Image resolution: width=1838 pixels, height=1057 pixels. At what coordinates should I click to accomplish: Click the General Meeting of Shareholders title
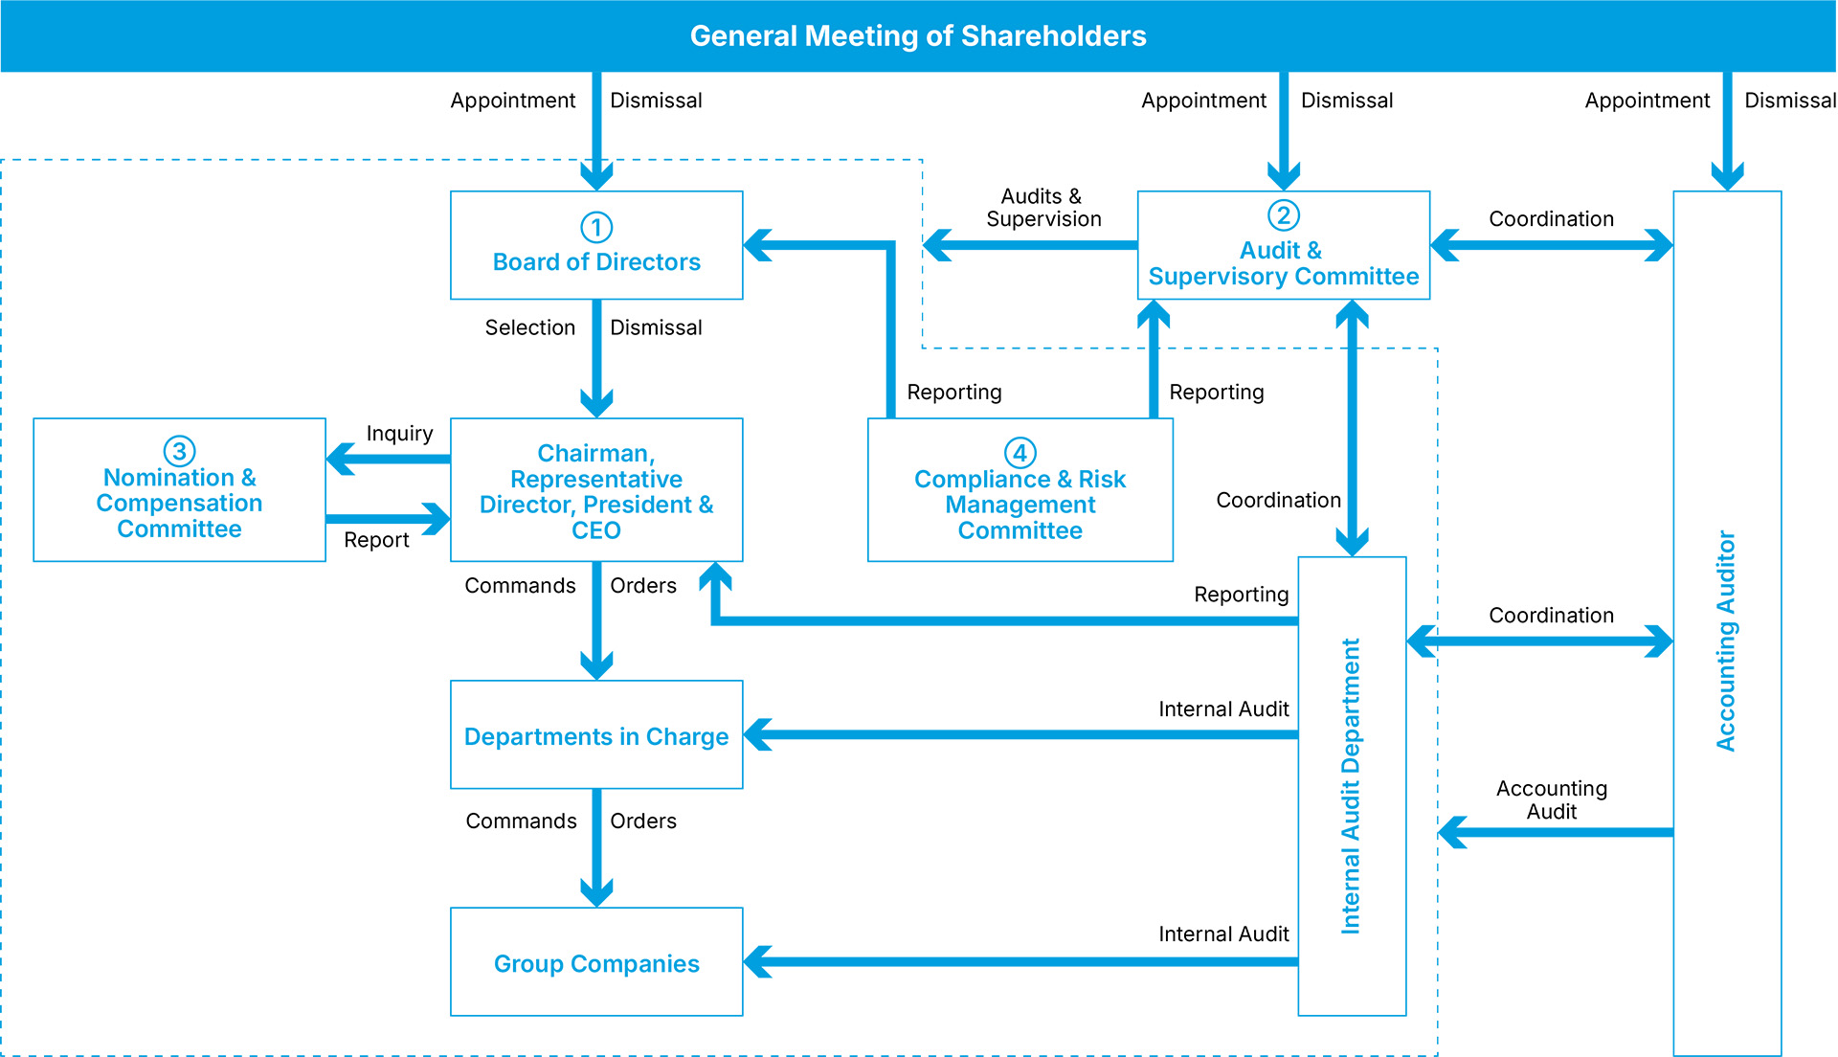pyautogui.click(x=917, y=36)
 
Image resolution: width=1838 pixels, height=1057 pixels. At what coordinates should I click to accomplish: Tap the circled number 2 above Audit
pyautogui.click(x=1283, y=215)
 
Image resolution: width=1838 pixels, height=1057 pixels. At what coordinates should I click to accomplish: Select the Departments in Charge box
pyautogui.click(x=596, y=736)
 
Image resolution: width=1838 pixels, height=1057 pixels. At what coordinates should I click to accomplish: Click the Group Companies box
pyautogui.click(x=596, y=963)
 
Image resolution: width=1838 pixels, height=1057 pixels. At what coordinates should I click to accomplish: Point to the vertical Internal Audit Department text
pyautogui.click(x=1351, y=785)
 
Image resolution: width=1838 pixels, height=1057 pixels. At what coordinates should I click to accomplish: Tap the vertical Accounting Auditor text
pyautogui.click(x=1726, y=641)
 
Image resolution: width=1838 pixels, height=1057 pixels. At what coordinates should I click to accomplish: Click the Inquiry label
pyautogui.click(x=399, y=434)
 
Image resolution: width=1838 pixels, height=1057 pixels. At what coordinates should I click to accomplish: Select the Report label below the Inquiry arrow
pyautogui.click(x=376, y=540)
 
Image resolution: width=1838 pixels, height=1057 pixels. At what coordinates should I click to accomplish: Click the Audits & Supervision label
pyautogui.click(x=1043, y=208)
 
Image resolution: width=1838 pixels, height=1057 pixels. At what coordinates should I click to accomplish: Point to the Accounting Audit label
pyautogui.click(x=1551, y=799)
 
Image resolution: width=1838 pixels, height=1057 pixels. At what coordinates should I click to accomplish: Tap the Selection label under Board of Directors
pyautogui.click(x=529, y=327)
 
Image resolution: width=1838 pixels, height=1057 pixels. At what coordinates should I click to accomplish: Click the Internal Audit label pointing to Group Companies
pyautogui.click(x=1222, y=933)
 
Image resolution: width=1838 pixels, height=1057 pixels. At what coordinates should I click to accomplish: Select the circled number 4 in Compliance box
pyautogui.click(x=1020, y=452)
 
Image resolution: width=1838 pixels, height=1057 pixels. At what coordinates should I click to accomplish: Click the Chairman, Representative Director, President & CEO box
pyautogui.click(x=596, y=491)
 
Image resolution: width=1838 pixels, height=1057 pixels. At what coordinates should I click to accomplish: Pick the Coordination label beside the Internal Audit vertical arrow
pyautogui.click(x=1278, y=500)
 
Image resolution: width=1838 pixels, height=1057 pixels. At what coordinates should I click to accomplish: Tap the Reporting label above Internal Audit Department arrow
pyautogui.click(x=1241, y=595)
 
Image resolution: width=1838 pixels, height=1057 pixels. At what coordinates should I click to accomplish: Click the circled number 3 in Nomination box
pyautogui.click(x=179, y=450)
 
